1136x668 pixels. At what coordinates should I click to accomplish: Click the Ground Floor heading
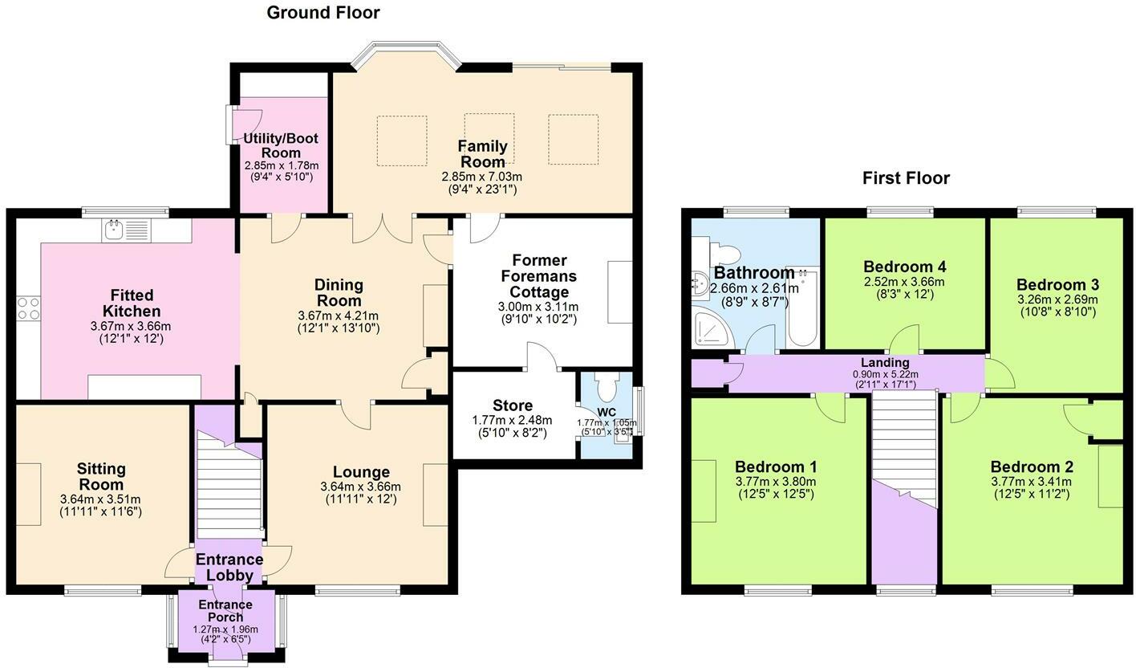tap(323, 13)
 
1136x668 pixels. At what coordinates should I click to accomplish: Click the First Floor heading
tap(906, 178)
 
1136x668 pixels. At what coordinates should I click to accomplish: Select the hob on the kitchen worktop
tap(28, 308)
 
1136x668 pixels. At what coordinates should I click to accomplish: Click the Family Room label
tap(482, 153)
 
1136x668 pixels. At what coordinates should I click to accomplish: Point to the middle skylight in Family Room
tap(489, 138)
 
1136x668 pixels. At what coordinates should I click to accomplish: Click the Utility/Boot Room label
tap(281, 145)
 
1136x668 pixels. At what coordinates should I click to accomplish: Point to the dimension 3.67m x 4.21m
tap(338, 316)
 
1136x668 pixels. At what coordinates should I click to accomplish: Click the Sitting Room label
tap(100, 476)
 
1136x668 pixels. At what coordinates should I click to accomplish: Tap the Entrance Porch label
tap(225, 611)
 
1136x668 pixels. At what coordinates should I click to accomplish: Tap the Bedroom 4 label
tap(899, 267)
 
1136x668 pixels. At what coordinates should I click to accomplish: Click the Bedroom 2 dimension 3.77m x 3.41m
tap(1032, 482)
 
